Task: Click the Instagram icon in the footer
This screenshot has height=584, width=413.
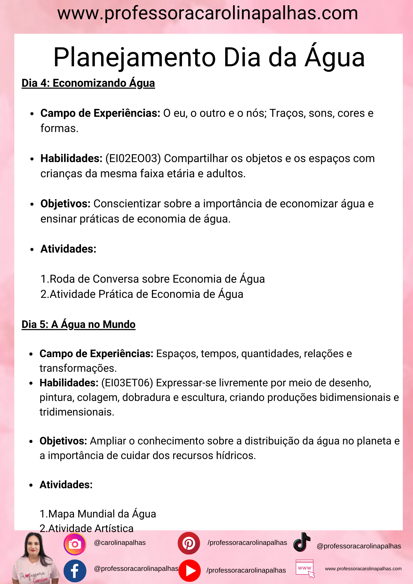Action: pos(75,544)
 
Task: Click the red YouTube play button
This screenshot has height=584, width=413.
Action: pos(190,571)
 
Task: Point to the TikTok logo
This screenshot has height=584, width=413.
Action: pos(302,542)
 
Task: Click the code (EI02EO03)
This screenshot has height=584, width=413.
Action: pos(133,159)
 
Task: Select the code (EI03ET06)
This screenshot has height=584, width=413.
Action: pos(127,383)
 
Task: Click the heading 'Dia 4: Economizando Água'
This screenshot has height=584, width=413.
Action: pos(88,83)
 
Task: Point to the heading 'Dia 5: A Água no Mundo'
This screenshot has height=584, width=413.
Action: pos(79,324)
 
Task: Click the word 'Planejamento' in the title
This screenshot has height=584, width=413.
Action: pos(134,58)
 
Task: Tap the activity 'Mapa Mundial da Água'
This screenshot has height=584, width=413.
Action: pos(102,514)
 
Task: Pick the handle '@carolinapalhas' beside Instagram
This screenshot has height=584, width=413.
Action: pos(120,543)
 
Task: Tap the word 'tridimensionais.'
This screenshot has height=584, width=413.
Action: pos(77,412)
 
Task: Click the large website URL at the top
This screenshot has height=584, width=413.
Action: pos(207,13)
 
